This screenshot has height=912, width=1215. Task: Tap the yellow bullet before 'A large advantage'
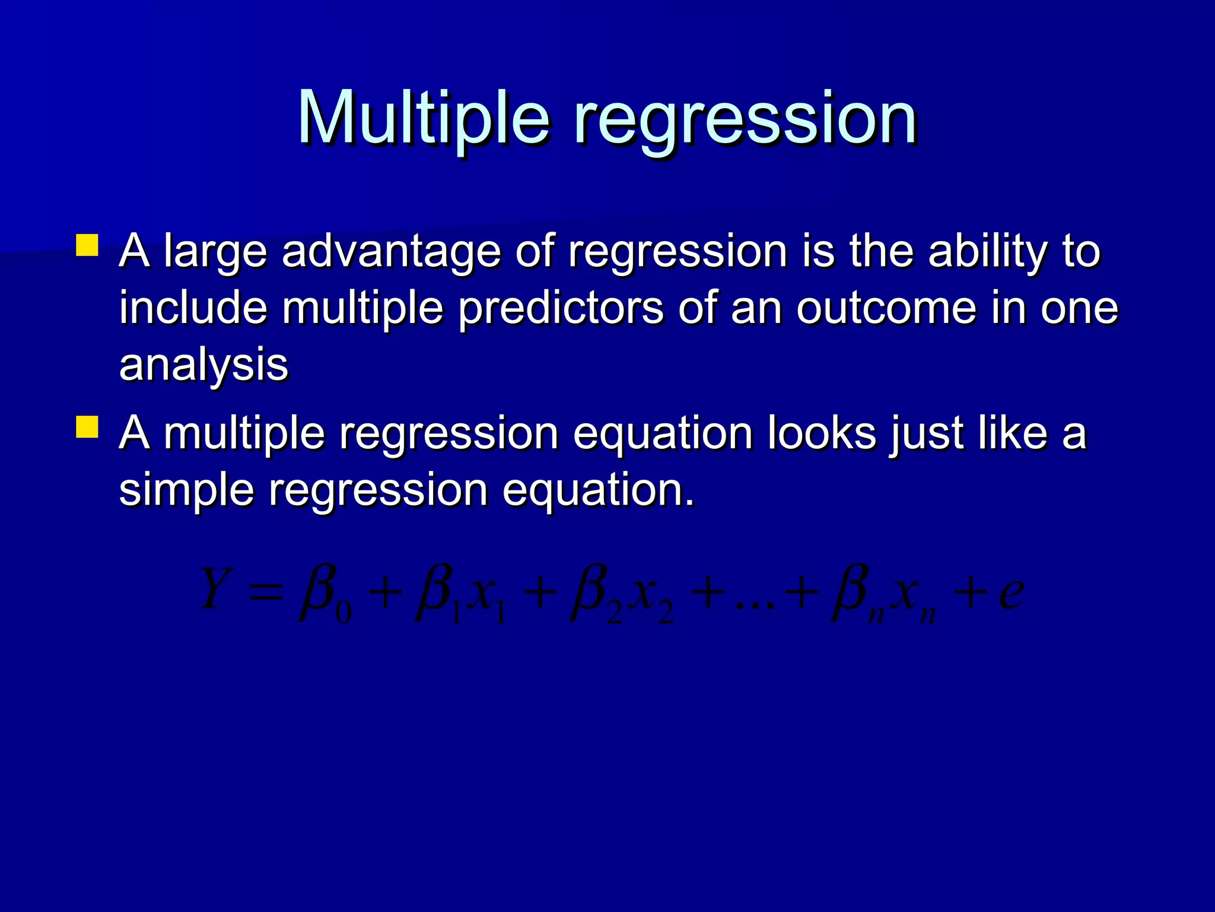87,245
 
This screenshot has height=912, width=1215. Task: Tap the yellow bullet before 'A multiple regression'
87,427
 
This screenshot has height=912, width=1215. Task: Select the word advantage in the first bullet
392,252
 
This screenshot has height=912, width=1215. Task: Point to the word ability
988,252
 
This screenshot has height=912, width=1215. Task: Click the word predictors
561,308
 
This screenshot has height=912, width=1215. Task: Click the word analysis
203,365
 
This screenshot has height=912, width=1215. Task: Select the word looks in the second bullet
822,433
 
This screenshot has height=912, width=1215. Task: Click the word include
193,308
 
